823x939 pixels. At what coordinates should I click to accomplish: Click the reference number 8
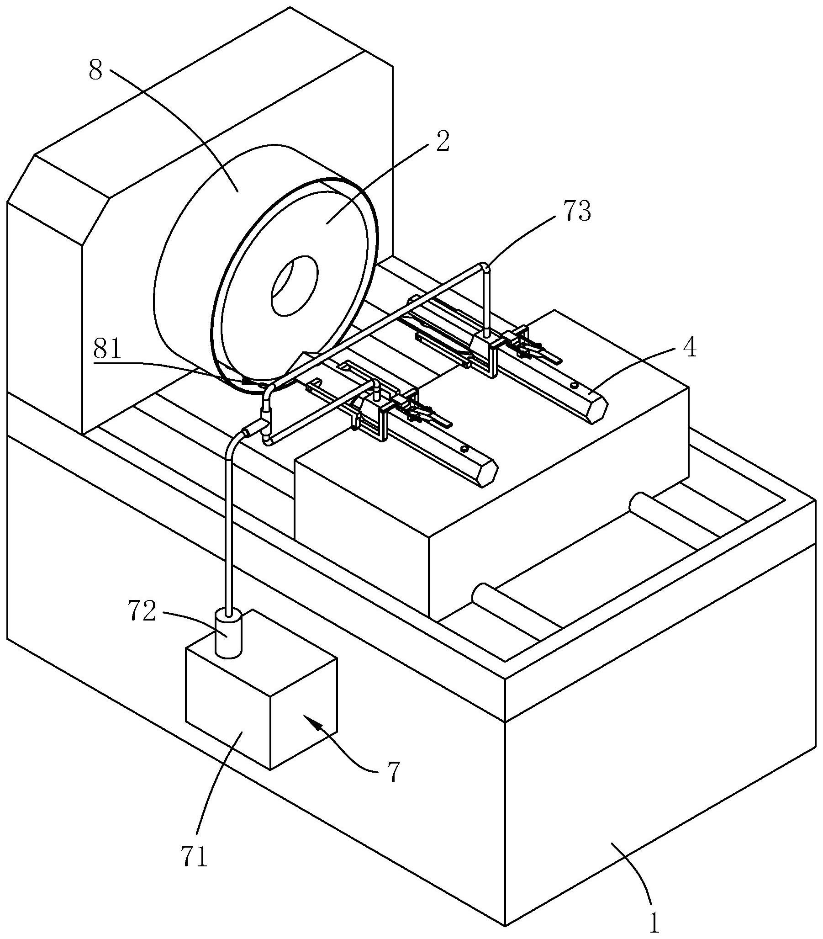[95, 71]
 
